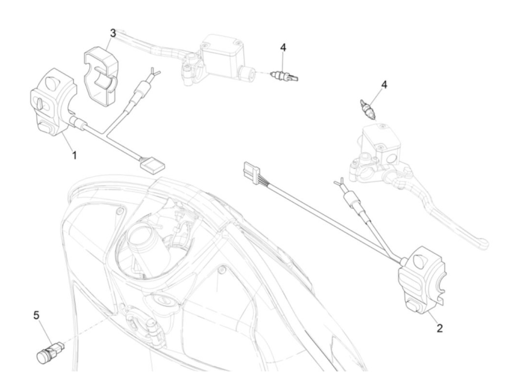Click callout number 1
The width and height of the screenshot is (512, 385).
point(74,155)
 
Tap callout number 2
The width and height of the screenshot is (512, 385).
point(440,328)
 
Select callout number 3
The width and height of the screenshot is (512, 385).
point(113,33)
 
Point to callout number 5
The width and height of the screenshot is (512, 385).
point(36,315)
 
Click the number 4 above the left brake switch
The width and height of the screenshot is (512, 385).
point(283,47)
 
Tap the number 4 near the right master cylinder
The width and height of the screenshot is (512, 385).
point(384,85)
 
